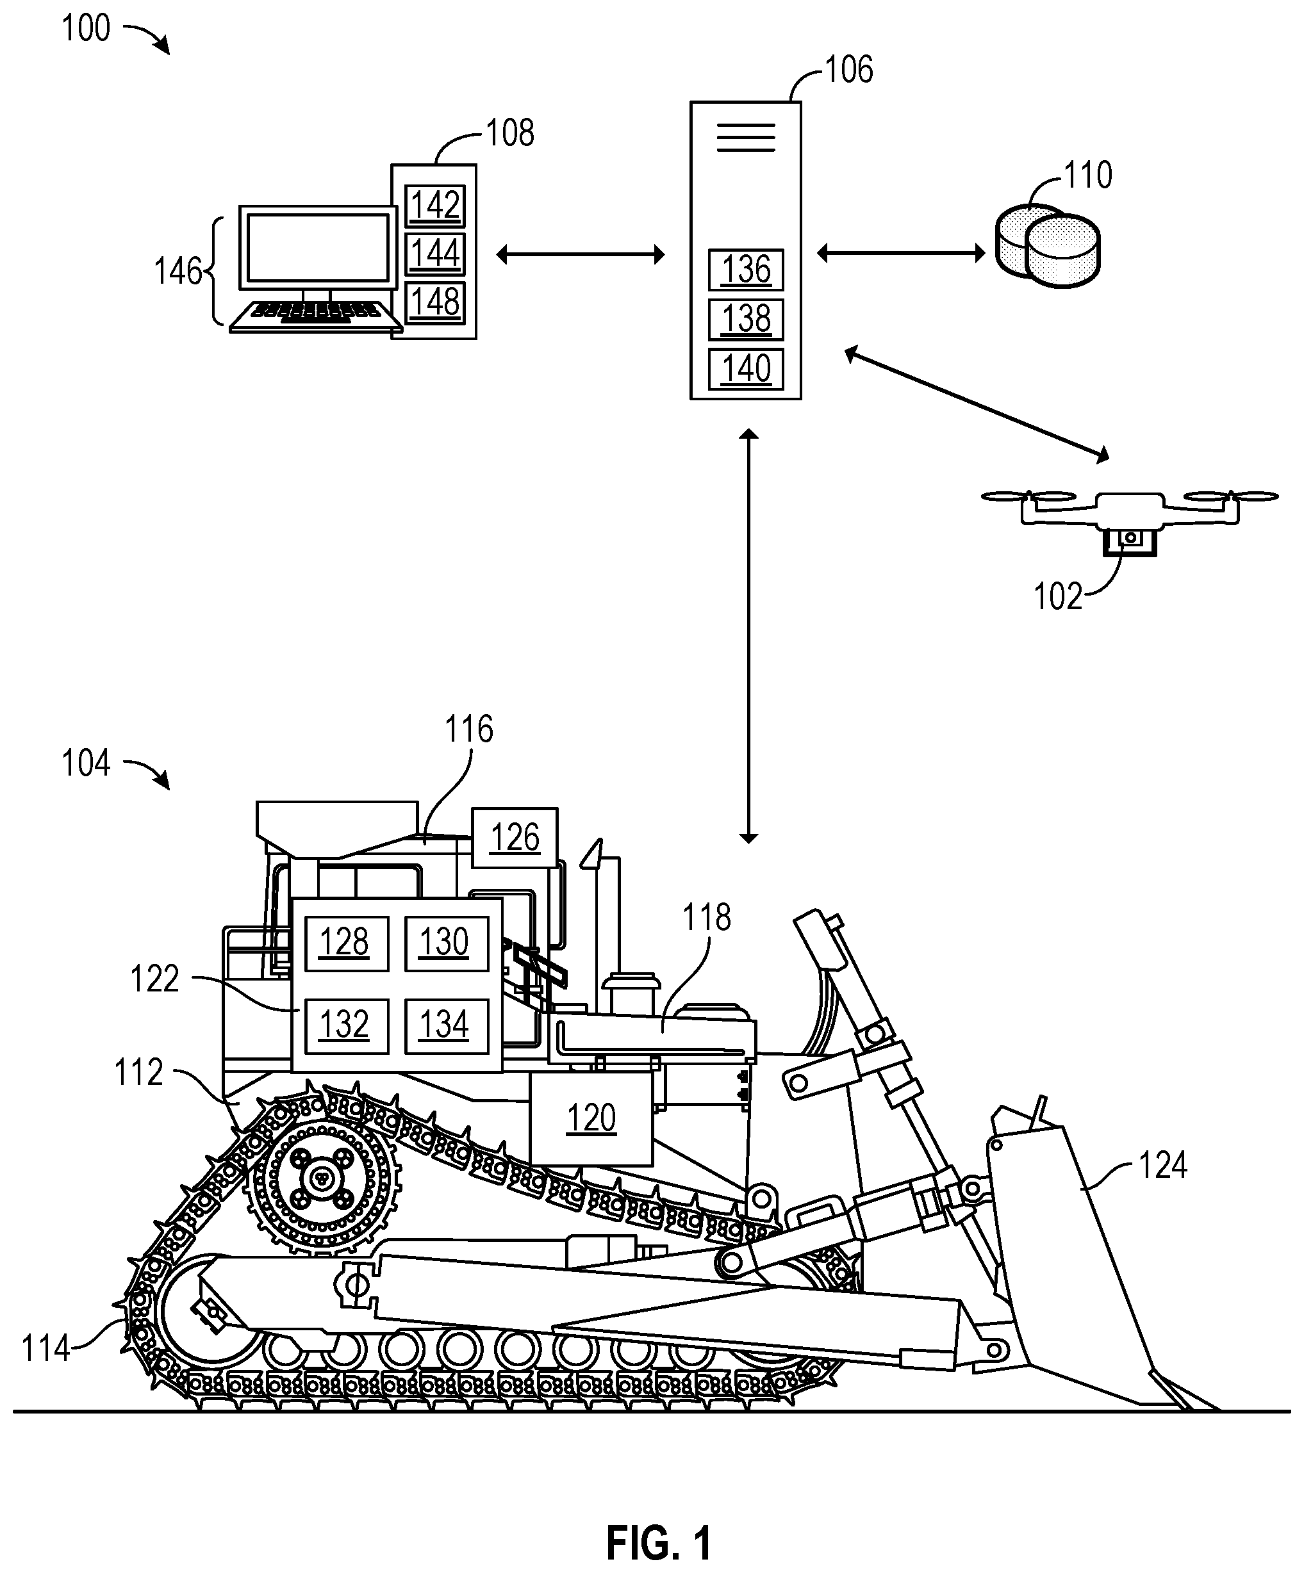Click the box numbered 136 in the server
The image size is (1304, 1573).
746,270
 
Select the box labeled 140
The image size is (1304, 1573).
746,370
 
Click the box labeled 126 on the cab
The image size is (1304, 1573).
515,838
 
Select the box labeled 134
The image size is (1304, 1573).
447,1026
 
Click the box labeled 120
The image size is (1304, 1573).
591,1118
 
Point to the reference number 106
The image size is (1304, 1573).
849,70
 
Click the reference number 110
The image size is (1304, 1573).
1088,175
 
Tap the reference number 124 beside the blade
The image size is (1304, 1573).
1163,1166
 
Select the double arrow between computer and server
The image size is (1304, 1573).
581,256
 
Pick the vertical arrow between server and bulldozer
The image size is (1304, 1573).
748,636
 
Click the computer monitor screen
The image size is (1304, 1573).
318,247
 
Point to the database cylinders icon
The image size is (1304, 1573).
1049,247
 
